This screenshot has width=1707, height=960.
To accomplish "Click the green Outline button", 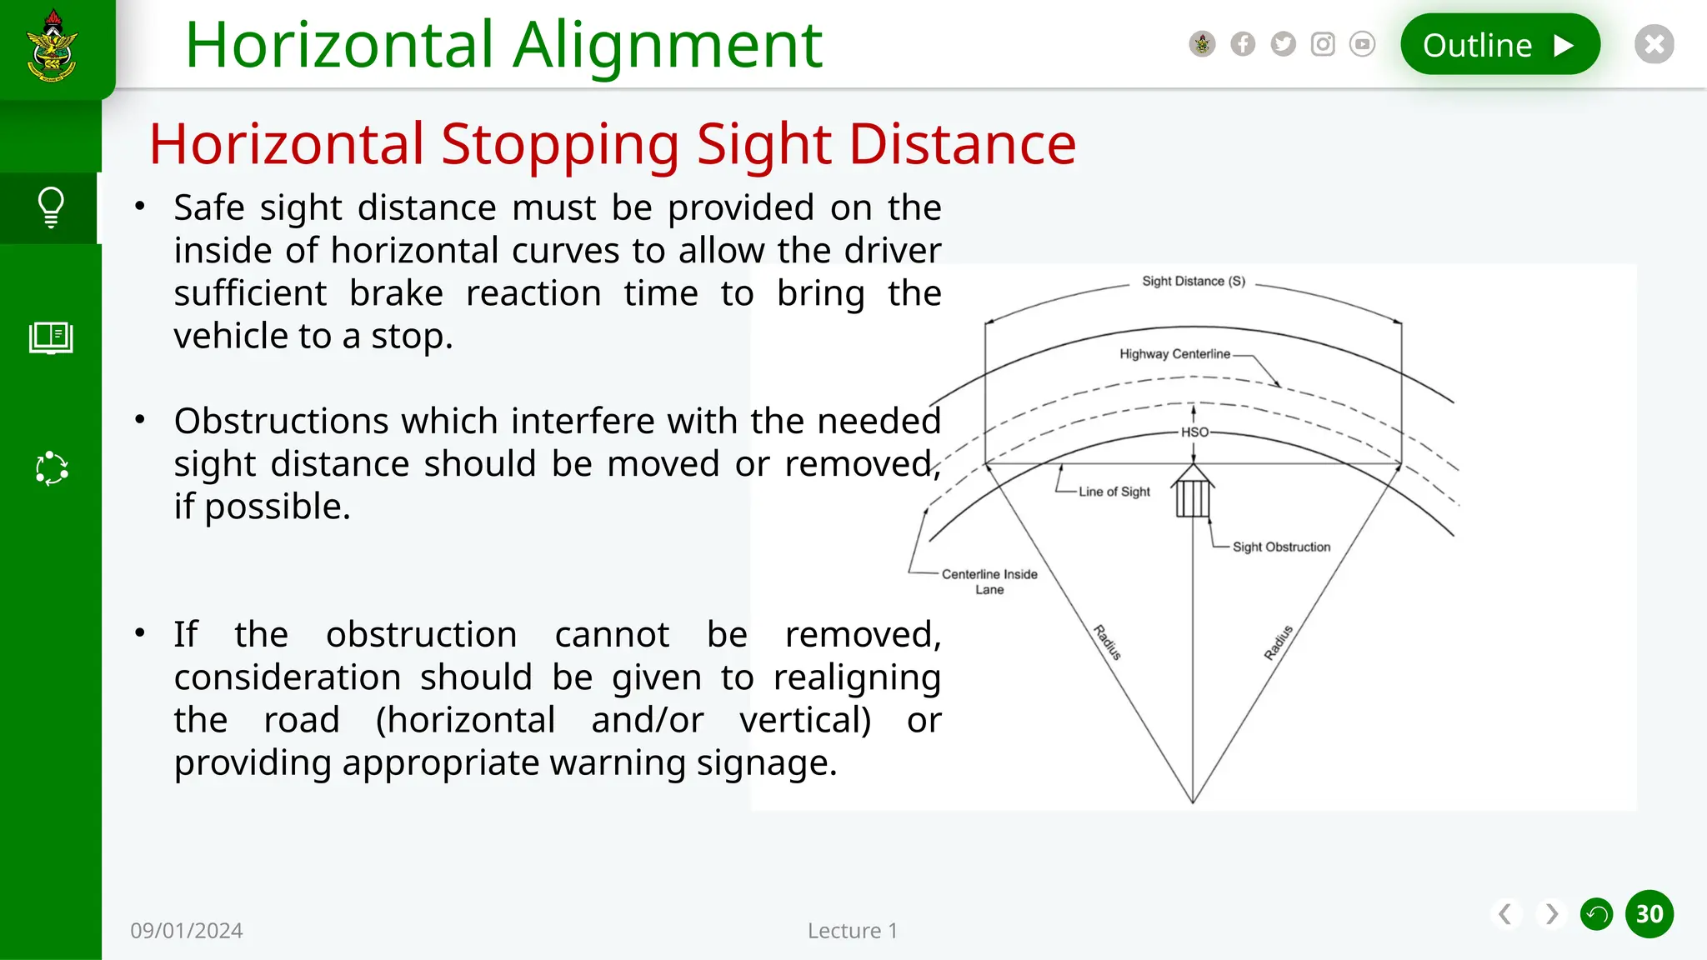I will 1499,45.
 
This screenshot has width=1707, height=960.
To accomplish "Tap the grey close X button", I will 1654,44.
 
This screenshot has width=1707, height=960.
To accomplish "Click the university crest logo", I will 52,47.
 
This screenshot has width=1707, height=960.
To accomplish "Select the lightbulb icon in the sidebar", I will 51,207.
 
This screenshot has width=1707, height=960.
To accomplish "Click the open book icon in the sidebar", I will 51,337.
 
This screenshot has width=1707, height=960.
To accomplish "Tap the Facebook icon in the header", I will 1243,44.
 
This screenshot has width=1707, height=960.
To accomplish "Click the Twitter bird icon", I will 1283,44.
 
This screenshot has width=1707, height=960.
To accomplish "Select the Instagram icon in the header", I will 1323,44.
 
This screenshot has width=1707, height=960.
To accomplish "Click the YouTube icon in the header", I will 1362,44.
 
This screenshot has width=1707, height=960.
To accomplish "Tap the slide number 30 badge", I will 1649,914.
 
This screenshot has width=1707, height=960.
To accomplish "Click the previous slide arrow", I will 1505,914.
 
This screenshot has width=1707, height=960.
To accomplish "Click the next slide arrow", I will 1551,914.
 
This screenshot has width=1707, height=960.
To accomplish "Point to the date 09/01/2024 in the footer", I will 187,931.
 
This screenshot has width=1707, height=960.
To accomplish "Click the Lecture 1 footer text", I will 852,931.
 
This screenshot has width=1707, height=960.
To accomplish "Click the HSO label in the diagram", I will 1194,432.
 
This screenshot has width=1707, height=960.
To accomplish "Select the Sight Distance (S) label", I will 1194,282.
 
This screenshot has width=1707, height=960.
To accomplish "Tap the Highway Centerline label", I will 1174,354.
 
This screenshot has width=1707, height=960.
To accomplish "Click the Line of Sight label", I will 1114,492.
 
